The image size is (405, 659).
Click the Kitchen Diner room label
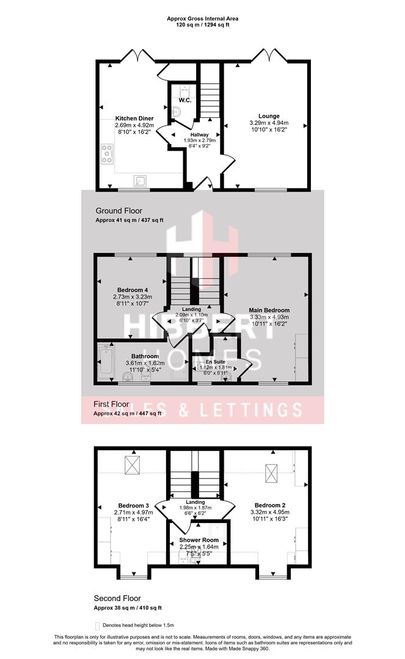coord(134,118)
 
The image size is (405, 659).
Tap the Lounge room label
coord(269,116)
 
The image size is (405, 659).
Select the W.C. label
coord(186,101)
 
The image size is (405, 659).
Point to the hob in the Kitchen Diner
coord(108,154)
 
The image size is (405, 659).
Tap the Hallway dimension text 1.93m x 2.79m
coord(200,140)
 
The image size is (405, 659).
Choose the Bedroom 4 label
coord(133,290)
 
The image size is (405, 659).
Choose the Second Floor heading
coord(117,599)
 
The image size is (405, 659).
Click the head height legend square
coord(98,626)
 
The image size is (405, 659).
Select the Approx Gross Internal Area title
coord(203,19)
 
